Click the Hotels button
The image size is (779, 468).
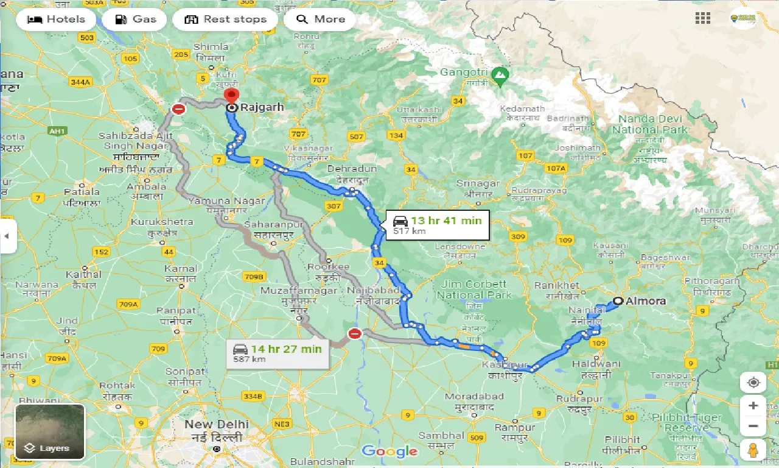tap(55, 19)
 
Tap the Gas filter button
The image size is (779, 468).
tap(134, 19)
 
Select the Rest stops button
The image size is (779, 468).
tap(225, 19)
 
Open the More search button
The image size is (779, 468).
tap(320, 19)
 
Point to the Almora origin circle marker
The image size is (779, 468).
tap(618, 301)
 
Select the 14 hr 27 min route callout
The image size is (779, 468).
tap(277, 353)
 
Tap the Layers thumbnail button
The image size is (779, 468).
tap(50, 431)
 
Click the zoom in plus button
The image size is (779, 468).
tap(753, 406)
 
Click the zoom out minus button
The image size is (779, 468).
tap(753, 426)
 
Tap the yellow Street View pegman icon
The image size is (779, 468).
tap(753, 450)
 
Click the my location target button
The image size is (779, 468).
tap(753, 382)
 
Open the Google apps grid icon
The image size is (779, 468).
tap(702, 18)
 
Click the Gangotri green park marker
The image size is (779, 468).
tap(500, 76)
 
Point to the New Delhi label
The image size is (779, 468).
tap(217, 424)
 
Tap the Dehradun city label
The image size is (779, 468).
tap(352, 169)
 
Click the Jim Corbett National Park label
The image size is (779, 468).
tap(472, 289)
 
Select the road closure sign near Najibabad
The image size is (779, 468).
tap(355, 333)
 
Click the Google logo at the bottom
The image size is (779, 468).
tap(389, 452)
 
